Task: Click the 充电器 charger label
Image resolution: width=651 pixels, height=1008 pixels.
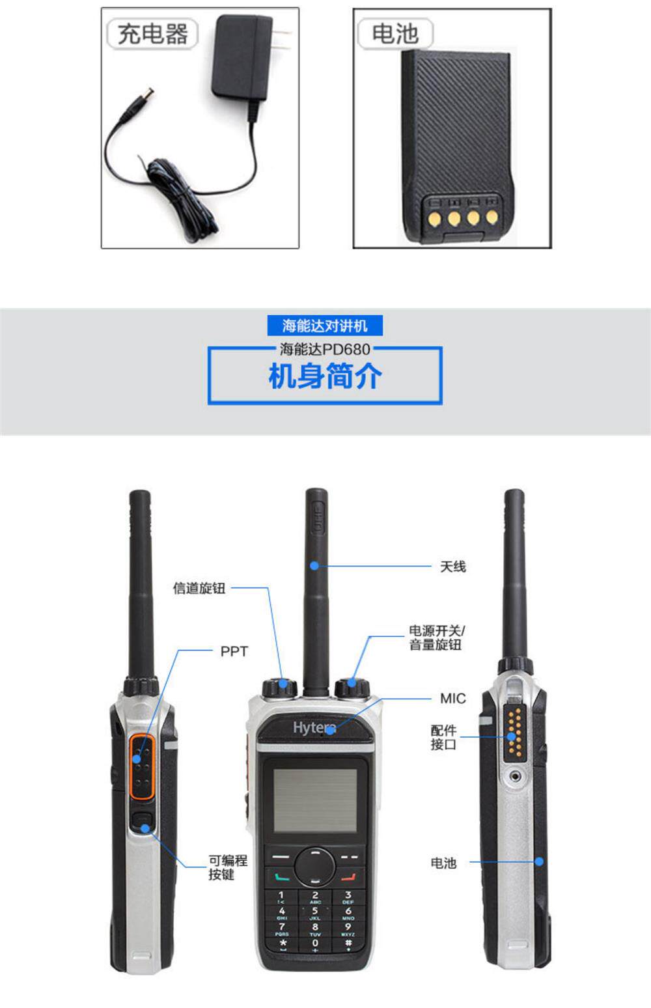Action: [152, 34]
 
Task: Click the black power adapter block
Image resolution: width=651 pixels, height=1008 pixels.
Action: [242, 57]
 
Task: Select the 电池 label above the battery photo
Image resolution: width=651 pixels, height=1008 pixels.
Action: [395, 34]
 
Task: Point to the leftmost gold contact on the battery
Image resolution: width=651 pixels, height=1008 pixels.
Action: [434, 218]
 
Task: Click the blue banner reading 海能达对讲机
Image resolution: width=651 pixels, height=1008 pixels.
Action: [325, 326]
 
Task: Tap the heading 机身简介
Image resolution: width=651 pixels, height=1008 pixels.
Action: [325, 376]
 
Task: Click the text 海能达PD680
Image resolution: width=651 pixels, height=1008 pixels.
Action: [325, 349]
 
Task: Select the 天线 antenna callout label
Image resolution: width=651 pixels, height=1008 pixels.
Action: [452, 567]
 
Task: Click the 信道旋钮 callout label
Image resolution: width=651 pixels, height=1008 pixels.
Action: [199, 588]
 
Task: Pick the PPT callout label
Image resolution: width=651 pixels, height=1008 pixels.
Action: [234, 652]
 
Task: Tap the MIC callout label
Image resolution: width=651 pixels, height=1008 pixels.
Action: [452, 699]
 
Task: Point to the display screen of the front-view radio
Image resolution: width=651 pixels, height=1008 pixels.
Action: [315, 800]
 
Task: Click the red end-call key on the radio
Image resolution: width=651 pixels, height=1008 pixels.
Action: [348, 877]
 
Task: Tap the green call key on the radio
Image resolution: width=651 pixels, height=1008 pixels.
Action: [282, 877]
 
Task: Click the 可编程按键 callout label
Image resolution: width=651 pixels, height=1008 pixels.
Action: [228, 867]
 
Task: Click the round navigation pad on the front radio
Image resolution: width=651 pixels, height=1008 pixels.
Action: [315, 865]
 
